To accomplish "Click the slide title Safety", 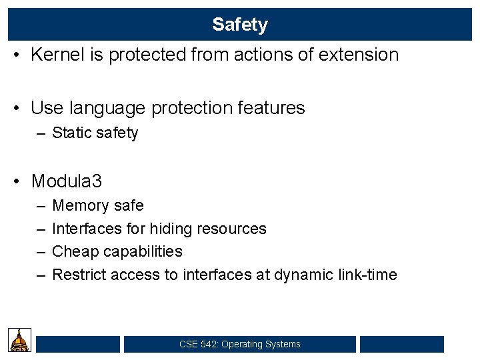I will [239, 25].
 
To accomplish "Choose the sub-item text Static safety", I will [95, 133].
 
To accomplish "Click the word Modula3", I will [67, 181].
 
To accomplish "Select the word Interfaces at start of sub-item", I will [85, 229].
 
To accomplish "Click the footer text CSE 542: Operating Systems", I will [240, 344].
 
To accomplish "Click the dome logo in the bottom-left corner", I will [19, 340].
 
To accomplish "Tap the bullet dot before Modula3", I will [21, 181].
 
